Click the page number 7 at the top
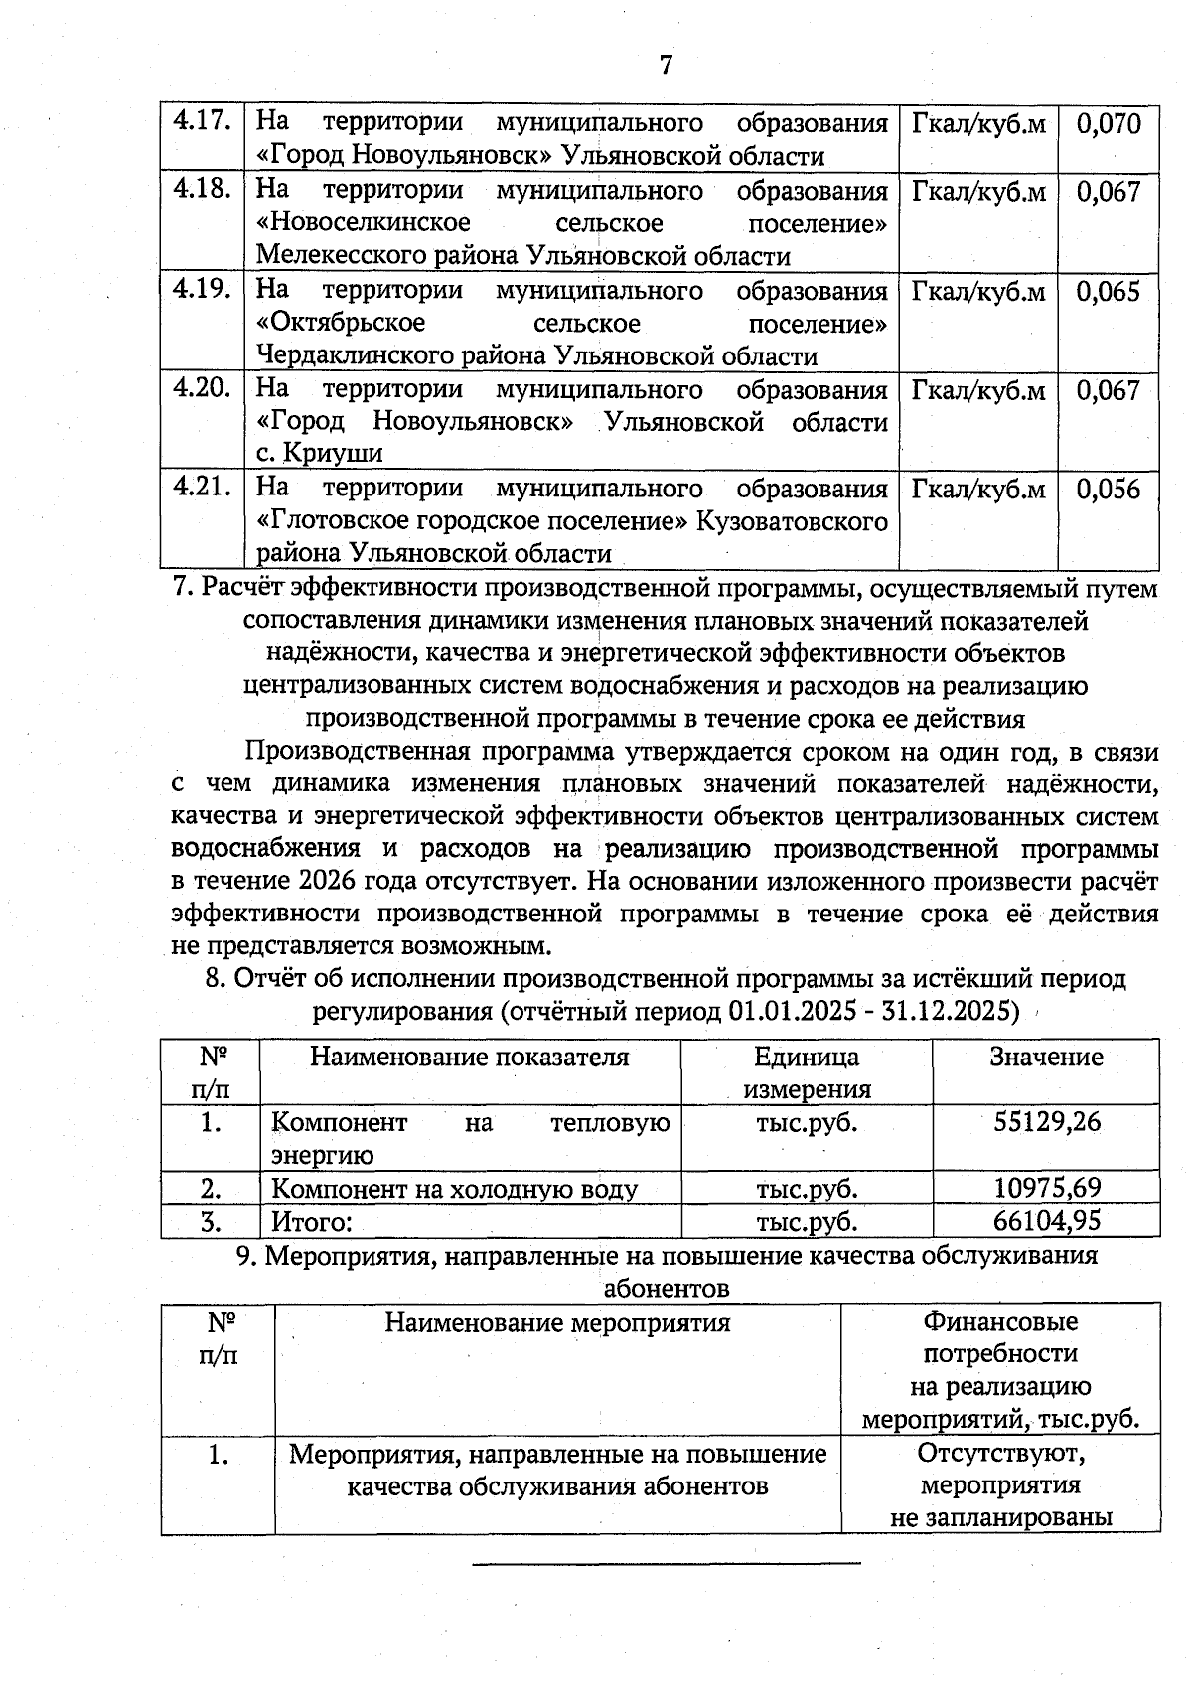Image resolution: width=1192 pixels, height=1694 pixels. click(665, 66)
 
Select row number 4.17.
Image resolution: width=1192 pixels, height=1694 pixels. click(203, 123)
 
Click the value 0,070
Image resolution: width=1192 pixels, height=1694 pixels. click(1109, 124)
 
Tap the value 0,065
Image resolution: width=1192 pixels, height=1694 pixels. click(1109, 292)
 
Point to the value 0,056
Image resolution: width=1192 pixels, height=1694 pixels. click(1109, 490)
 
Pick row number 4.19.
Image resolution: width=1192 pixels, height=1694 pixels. click(203, 290)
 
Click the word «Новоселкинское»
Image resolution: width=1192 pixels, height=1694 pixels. click(364, 223)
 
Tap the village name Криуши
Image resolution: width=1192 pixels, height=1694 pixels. click(333, 454)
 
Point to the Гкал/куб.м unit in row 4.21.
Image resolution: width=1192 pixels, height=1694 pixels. click(978, 490)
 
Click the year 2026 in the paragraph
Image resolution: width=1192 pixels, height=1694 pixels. click(327, 881)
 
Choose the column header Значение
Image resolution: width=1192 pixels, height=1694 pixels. click(1046, 1057)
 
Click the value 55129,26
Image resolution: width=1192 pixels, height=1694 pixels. click(1047, 1122)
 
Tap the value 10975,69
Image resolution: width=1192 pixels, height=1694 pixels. click(1047, 1188)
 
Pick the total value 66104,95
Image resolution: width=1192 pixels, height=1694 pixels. click(1047, 1220)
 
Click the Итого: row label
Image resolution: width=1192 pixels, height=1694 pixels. click(312, 1221)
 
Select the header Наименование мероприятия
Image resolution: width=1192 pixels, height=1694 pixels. click(557, 1323)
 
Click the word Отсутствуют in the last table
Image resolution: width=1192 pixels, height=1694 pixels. click(1000, 1455)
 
